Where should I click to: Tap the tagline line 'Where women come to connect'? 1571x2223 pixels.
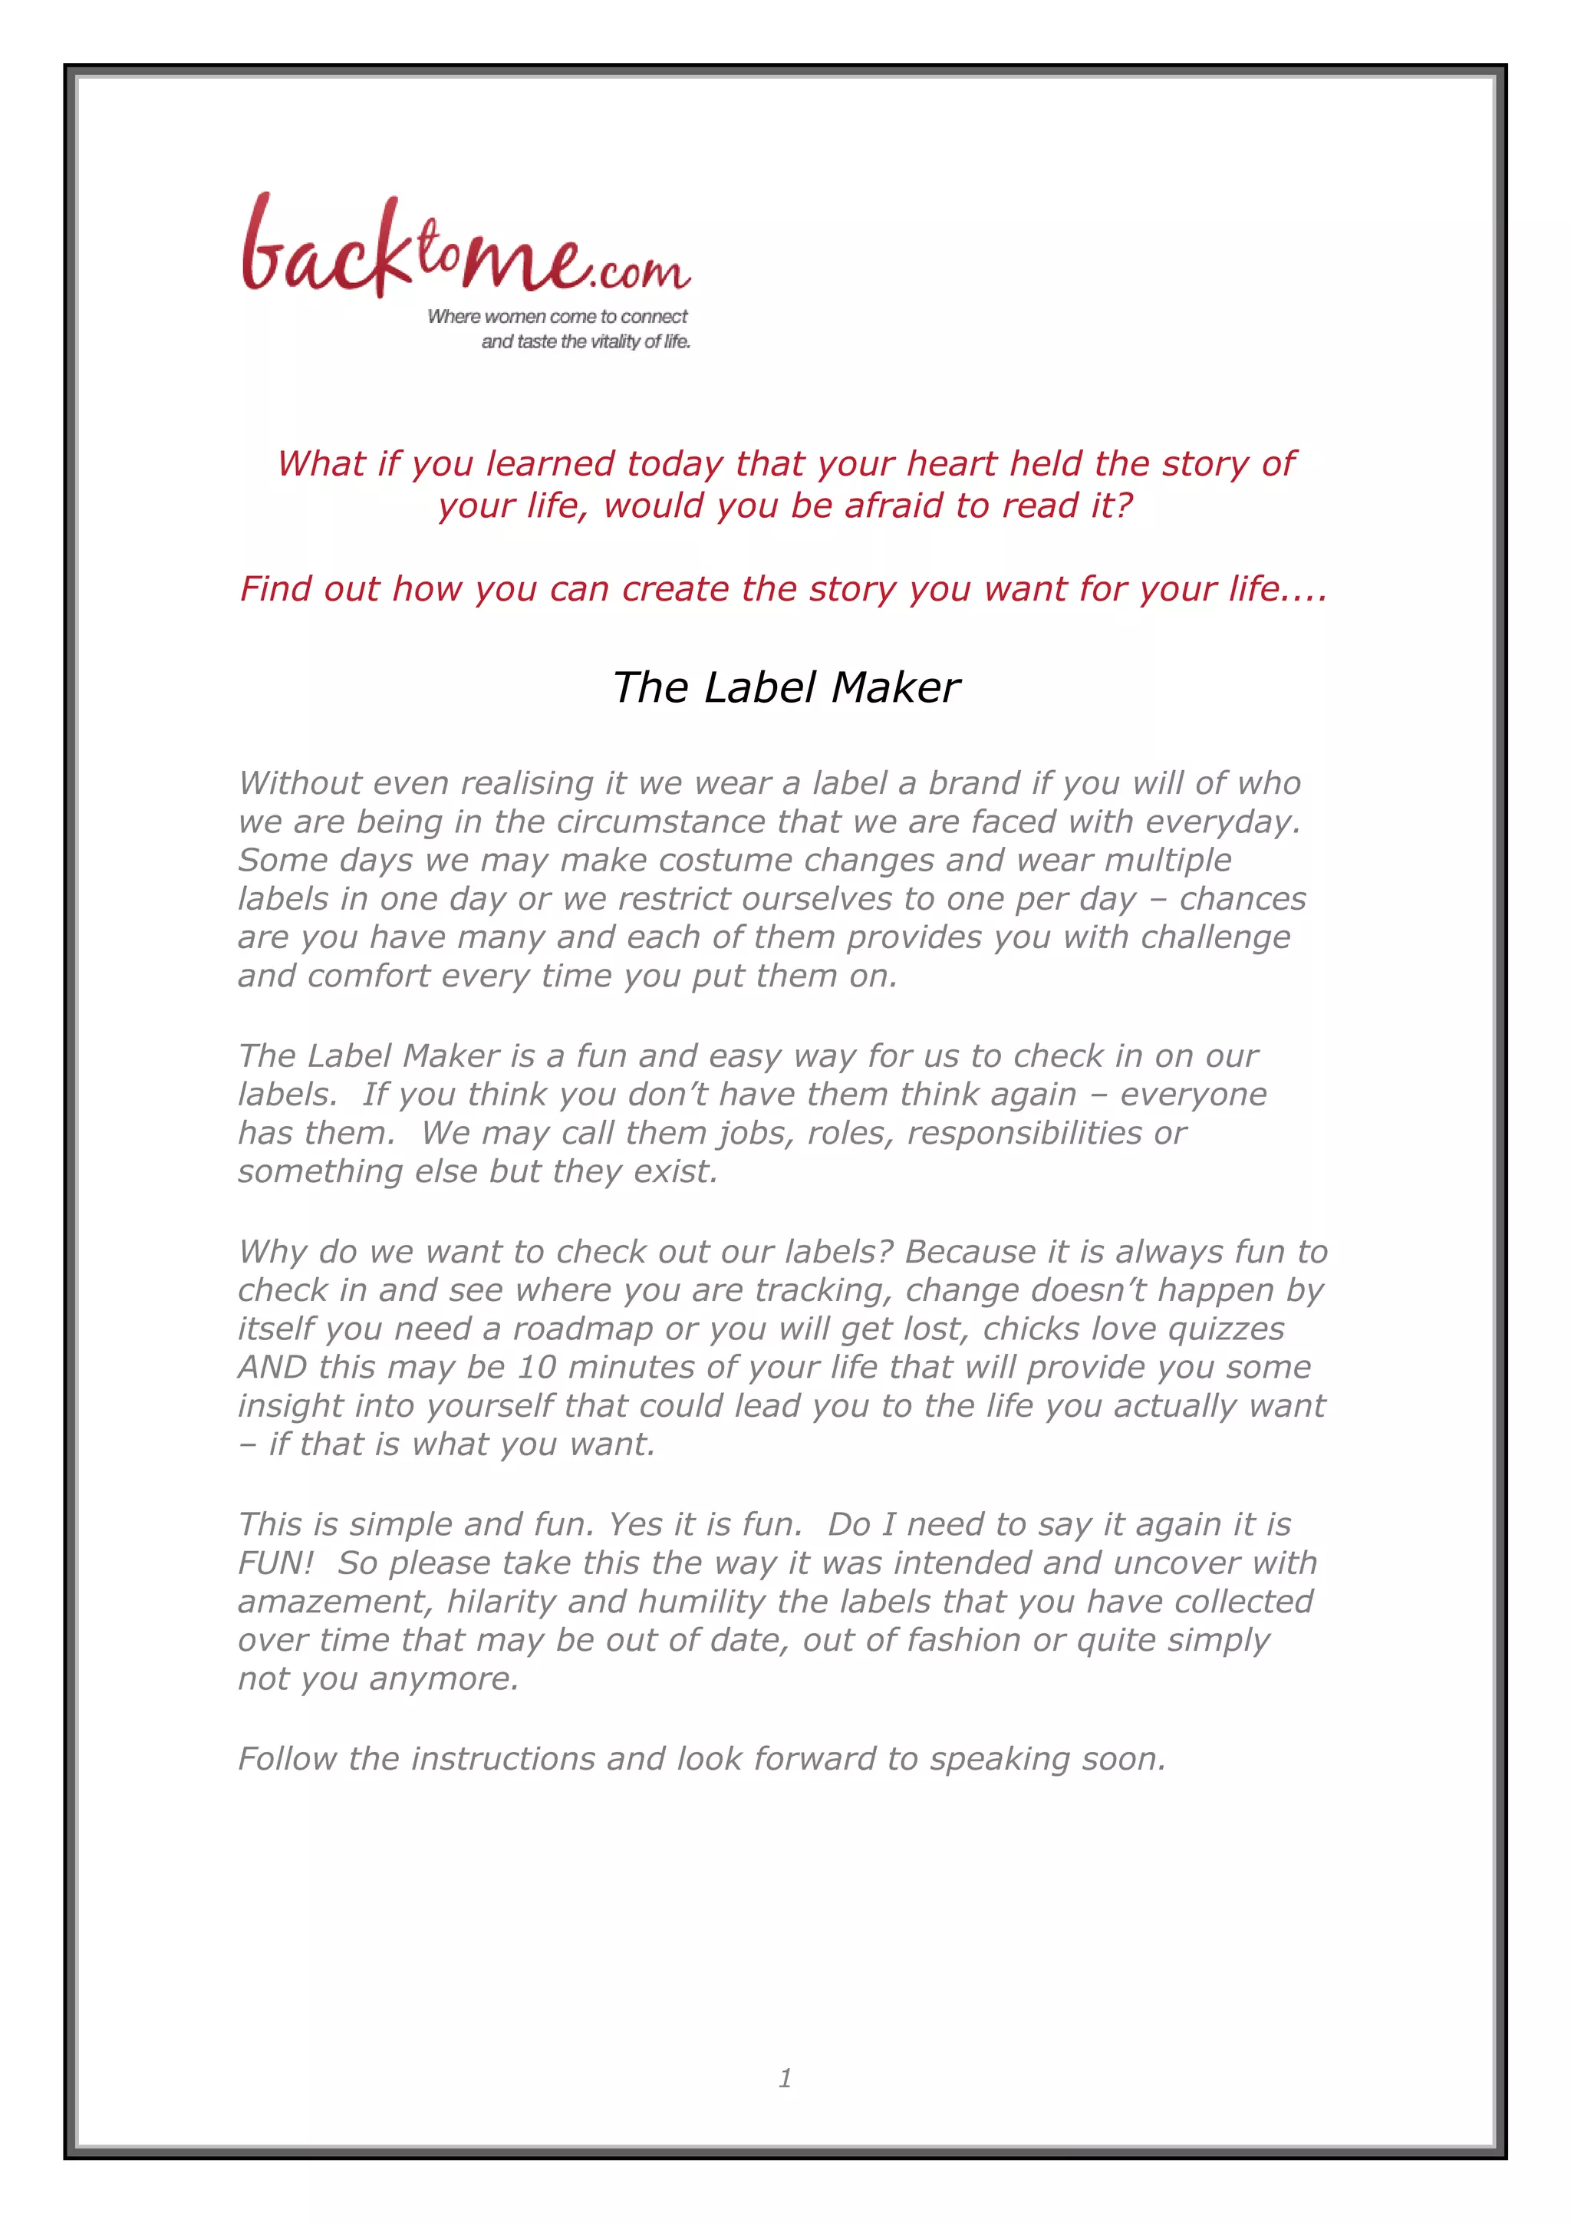click(557, 317)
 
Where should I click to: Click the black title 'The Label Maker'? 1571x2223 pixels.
click(786, 687)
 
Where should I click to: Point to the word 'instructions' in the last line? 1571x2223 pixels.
click(502, 1758)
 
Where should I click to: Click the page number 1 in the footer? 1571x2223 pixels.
click(785, 2078)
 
